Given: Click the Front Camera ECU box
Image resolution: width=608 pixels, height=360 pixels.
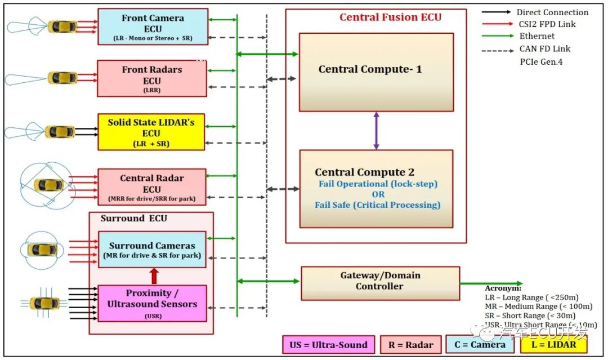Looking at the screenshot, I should point(153,26).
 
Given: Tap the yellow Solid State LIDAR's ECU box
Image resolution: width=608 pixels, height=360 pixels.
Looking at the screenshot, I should point(151,132).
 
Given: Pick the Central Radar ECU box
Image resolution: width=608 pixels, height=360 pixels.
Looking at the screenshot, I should point(151,185).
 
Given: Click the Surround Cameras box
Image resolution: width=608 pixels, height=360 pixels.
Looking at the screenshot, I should point(152,249).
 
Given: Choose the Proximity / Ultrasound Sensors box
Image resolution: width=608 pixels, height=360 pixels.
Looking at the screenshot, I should point(152,303).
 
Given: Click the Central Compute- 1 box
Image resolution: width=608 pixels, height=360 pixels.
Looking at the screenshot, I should point(376,72).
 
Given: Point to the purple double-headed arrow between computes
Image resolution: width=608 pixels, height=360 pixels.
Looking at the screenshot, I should point(376,130).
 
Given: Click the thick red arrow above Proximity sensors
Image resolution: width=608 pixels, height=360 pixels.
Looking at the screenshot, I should point(153,276).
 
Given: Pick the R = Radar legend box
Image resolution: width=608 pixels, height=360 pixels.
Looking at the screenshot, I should point(411,345).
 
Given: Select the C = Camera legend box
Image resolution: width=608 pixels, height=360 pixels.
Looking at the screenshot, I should point(480,345).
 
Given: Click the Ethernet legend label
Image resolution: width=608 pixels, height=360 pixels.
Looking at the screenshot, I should point(537,36).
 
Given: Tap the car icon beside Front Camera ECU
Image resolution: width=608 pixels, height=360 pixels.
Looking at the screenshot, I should point(62,26).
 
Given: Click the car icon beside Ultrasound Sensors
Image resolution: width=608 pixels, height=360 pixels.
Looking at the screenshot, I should point(45,303).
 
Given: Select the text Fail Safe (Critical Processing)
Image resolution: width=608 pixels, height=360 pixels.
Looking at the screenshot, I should point(377,205).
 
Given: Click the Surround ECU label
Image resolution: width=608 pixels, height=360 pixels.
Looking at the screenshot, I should point(134,219).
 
